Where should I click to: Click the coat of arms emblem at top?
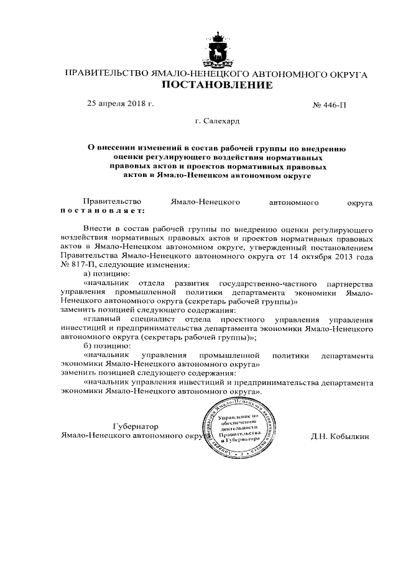pos(217,48)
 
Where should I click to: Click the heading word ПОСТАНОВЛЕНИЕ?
pos(217,86)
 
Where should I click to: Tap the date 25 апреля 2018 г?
pos(120,103)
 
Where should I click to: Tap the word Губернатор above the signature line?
pos(136,427)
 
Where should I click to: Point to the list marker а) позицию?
pos(106,274)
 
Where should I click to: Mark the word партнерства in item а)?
pos(346,283)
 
